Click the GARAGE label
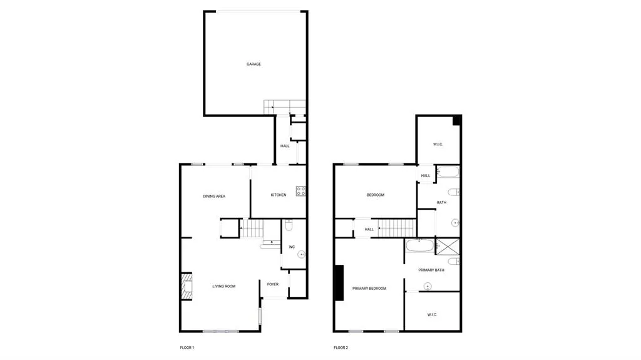(x=254, y=64)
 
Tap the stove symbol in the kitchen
(x=301, y=191)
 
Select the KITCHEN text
(x=279, y=195)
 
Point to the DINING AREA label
(x=214, y=197)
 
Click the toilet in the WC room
(x=289, y=225)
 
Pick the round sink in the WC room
(x=301, y=254)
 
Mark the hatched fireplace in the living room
(x=187, y=286)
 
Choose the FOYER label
(x=273, y=284)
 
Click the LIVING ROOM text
(x=223, y=286)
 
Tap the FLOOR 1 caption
(x=187, y=347)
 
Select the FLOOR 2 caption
(x=341, y=347)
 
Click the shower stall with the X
(x=448, y=247)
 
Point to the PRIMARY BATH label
(x=431, y=270)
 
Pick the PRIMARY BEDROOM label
(x=369, y=289)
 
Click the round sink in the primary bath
(x=427, y=286)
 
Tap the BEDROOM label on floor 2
(x=376, y=195)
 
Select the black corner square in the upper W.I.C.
(x=456, y=120)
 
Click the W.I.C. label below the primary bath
(x=432, y=314)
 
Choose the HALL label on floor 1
(x=285, y=146)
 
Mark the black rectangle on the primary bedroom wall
(x=339, y=283)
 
